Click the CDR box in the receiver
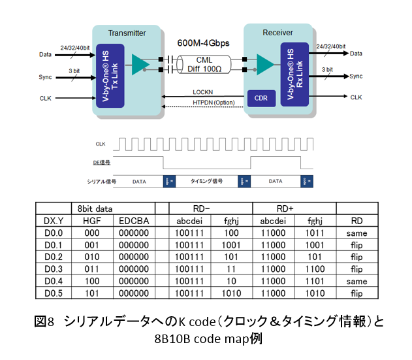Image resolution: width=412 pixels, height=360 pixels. pyautogui.click(x=261, y=99)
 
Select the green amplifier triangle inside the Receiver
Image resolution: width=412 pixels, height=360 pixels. pyautogui.click(x=264, y=63)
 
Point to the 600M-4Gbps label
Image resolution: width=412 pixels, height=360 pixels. pyautogui.click(x=204, y=42)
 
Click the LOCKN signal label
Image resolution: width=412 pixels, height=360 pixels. pyautogui.click(x=204, y=92)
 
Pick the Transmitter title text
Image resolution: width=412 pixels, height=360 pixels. pyautogui.click(x=127, y=33)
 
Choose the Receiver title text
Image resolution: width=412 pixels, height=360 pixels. pyautogui.click(x=277, y=32)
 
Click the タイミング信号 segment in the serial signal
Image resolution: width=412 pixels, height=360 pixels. pyautogui.click(x=206, y=180)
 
